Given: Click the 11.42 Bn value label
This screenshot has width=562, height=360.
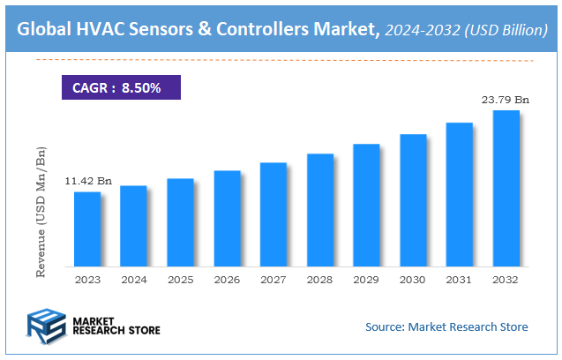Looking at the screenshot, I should (x=88, y=181).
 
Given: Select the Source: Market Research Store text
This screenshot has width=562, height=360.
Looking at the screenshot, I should (x=446, y=326).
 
